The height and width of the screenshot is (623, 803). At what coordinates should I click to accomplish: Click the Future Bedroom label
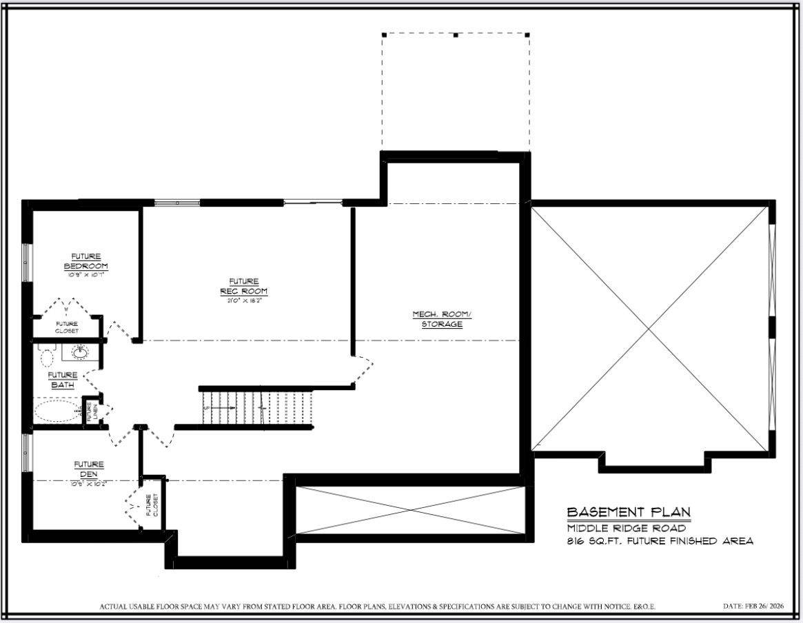(86, 261)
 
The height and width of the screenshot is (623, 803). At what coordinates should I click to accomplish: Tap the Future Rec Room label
(244, 285)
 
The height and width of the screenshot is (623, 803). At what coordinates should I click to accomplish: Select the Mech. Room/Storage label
(442, 319)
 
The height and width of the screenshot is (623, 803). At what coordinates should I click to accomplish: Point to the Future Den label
(89, 469)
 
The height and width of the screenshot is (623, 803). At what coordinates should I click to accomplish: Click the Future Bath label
(63, 380)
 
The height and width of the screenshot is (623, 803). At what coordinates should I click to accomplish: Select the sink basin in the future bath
(80, 352)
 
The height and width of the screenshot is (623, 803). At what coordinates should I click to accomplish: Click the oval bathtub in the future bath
(57, 413)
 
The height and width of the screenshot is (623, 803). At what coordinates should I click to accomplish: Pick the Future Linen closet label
(89, 411)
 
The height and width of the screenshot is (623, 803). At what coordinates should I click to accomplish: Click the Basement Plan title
(628, 512)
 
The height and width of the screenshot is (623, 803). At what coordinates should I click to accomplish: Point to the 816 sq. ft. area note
(660, 541)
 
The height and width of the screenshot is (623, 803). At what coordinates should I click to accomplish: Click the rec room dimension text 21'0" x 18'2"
(244, 300)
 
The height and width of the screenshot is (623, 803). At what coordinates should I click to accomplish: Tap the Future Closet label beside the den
(152, 505)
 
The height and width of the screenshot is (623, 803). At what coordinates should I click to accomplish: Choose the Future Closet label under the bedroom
(67, 327)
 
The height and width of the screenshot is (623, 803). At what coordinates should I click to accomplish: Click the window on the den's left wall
(26, 453)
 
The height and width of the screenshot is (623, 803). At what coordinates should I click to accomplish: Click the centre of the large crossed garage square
(649, 328)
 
